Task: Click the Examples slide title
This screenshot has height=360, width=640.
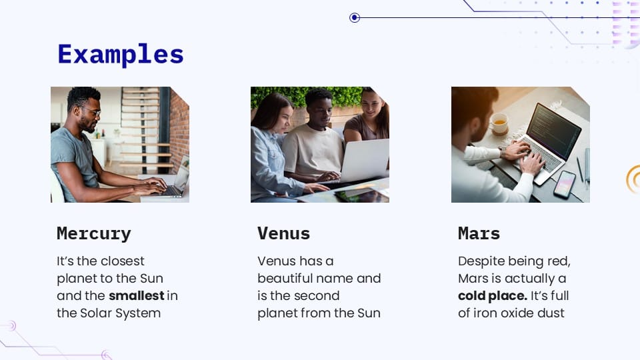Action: point(120,55)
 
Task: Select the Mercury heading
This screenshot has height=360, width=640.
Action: point(94,234)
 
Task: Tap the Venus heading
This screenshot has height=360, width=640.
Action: point(283,234)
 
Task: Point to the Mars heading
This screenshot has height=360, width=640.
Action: point(479,234)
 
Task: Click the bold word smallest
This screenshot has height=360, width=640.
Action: point(137,295)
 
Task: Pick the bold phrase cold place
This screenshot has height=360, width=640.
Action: point(492,295)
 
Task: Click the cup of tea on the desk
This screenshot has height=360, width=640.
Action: point(498,123)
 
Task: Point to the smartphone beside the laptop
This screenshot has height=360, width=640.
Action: point(564,183)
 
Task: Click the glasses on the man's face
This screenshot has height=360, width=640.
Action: point(91,111)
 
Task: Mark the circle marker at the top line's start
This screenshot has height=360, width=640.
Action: point(355,18)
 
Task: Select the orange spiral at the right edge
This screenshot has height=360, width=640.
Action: point(633,179)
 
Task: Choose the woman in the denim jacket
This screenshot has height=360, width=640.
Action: point(270,150)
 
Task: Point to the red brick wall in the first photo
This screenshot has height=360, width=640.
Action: point(179,123)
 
